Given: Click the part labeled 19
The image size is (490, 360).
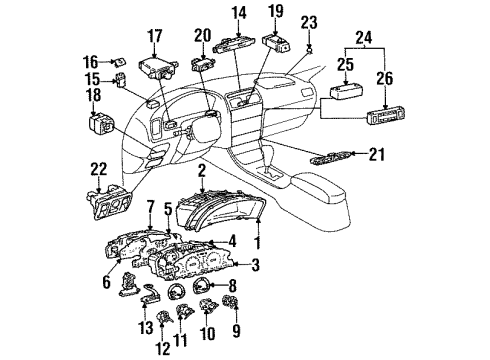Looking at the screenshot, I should click(x=277, y=43).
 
